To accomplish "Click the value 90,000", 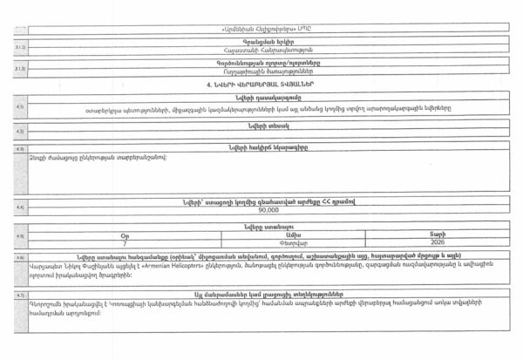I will (268, 210).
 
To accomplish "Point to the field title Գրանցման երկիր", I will (268, 41).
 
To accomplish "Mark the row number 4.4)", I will (19, 207).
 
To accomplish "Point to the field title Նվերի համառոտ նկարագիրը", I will (268, 147).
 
